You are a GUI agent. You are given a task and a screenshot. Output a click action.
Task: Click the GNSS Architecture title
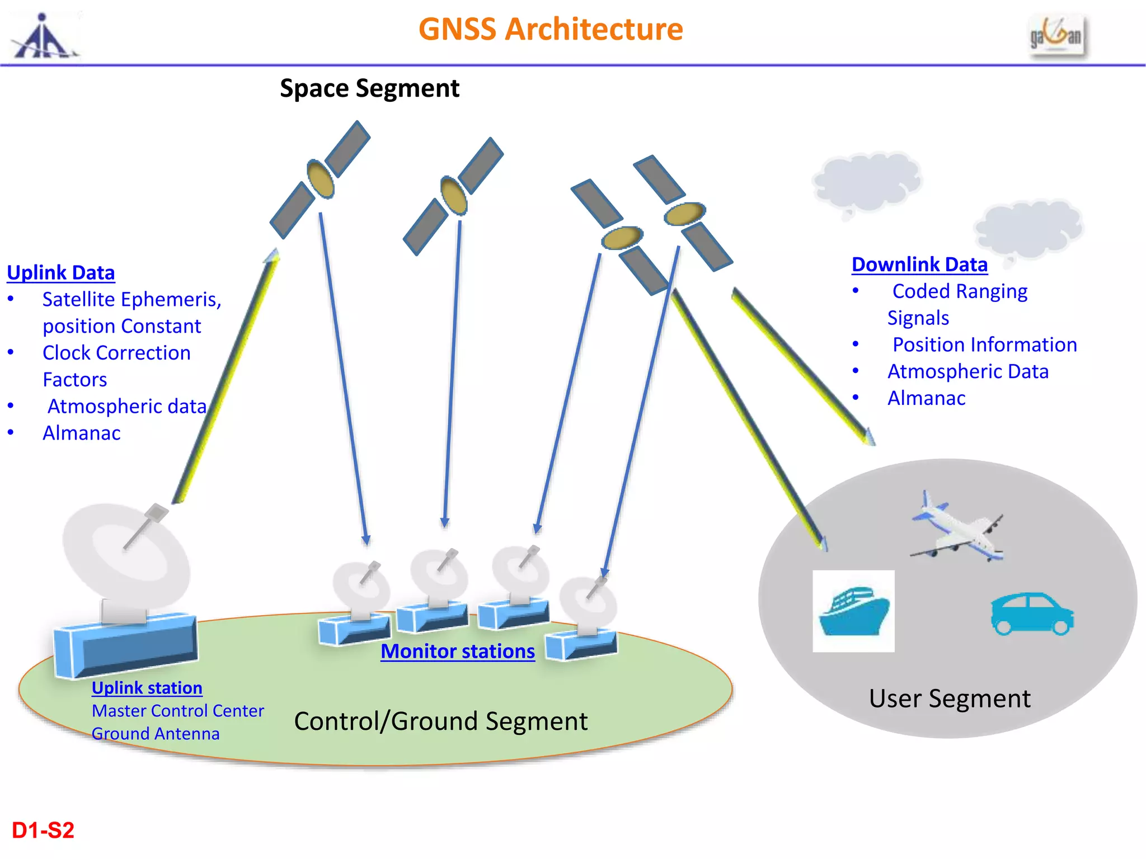tap(551, 29)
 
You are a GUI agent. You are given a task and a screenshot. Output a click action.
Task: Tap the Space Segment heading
tap(369, 88)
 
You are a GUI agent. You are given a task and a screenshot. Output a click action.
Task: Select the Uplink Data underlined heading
tap(61, 272)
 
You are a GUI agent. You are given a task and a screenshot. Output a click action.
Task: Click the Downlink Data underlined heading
tap(919, 265)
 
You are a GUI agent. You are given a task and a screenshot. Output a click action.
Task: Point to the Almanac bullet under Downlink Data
tap(926, 398)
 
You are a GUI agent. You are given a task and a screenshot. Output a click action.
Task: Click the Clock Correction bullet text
tap(116, 353)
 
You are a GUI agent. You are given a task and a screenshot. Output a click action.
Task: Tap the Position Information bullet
tap(984, 344)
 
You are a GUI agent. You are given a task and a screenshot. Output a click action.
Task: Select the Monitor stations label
tap(458, 651)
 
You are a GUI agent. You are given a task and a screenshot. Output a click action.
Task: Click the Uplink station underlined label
tap(147, 687)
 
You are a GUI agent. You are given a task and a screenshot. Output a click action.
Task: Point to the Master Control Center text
tap(178, 711)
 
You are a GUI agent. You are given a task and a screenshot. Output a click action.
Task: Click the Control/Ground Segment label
tap(441, 721)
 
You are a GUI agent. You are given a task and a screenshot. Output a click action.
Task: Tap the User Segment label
tap(950, 698)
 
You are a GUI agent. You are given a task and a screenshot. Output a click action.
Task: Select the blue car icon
tap(1032, 614)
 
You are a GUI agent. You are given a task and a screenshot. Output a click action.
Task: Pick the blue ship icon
tap(853, 611)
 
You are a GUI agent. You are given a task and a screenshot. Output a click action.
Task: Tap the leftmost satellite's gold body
tap(321, 178)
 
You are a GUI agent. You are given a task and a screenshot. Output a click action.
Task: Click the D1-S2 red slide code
tap(43, 830)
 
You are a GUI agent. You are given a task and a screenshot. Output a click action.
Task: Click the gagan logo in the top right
tap(1056, 36)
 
